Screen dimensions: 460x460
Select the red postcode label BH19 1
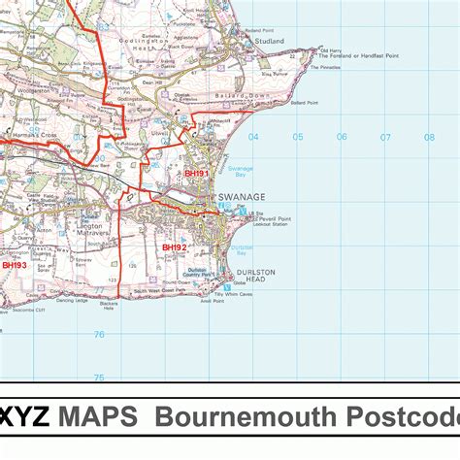pyautogui.click(x=197, y=174)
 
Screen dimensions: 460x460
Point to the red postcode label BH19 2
pyautogui.click(x=174, y=247)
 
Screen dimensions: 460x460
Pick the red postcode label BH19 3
pyautogui.click(x=15, y=265)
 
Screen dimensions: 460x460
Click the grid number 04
pyautogui.click(x=253, y=137)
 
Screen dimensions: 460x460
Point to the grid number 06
pyautogui.click(x=342, y=137)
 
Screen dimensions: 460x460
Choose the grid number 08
pyautogui.click(x=429, y=137)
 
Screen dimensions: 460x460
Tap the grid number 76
pyautogui.click(x=98, y=335)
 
